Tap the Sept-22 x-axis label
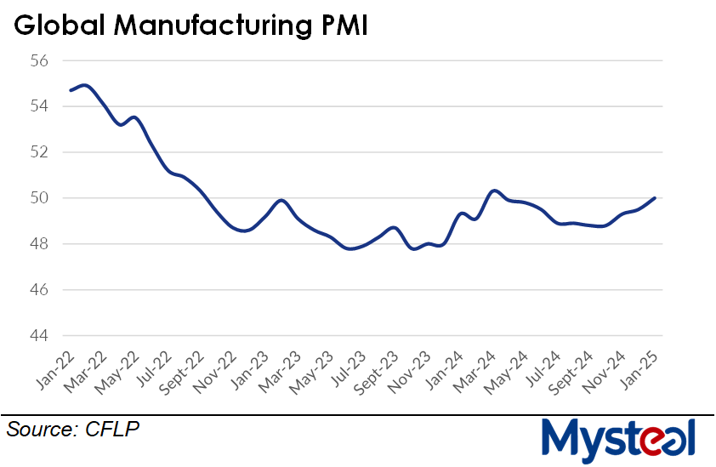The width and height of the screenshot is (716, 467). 181,374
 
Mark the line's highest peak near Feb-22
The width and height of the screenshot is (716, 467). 84,85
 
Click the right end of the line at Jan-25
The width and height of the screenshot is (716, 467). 654,198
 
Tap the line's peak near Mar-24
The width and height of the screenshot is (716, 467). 495,191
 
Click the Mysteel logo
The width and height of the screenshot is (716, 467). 619,440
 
